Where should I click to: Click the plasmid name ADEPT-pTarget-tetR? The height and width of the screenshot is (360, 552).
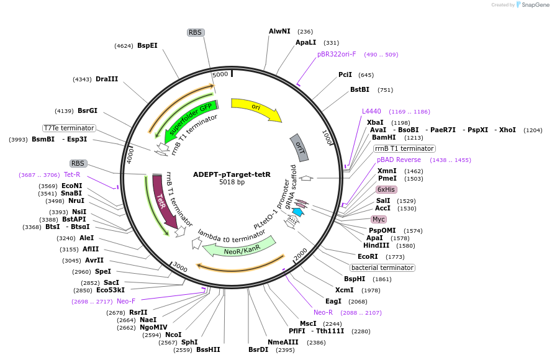point(232,174)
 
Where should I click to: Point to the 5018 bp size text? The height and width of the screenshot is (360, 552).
point(232,182)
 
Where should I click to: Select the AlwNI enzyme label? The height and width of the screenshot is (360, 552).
point(279,31)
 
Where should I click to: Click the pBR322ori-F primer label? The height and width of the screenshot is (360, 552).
point(337,54)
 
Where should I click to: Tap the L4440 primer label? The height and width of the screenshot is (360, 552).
point(371,111)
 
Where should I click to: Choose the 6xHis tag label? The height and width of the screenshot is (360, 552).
point(386,189)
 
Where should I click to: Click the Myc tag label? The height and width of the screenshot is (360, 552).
point(379,219)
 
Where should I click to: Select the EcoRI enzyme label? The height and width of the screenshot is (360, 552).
point(368,256)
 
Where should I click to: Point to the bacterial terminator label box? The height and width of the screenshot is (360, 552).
point(382,268)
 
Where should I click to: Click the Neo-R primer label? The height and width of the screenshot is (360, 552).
point(323,312)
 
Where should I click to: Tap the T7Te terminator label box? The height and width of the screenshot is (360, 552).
point(69,128)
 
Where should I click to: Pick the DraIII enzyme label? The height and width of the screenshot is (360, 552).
point(107,79)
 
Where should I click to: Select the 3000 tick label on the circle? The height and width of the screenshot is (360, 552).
point(179,267)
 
